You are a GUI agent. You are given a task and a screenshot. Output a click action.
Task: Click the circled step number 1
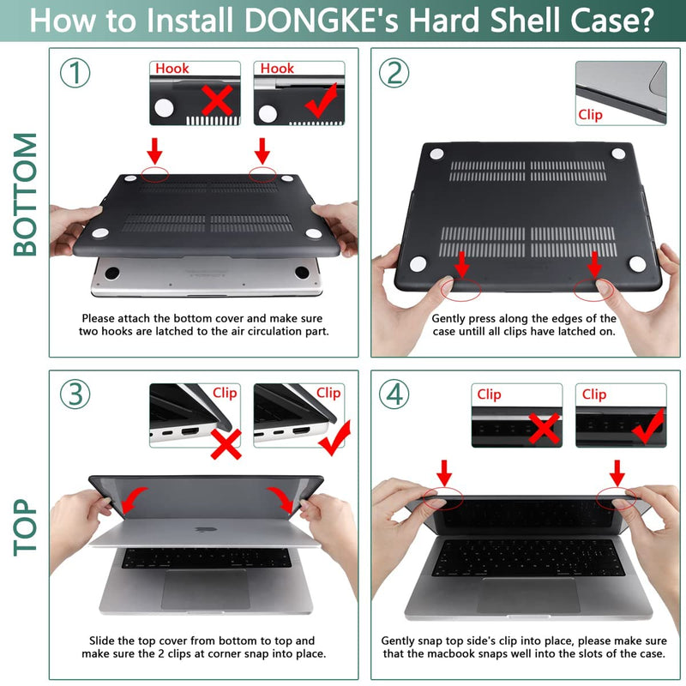coord(75,74)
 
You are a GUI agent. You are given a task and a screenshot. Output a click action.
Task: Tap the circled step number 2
coord(394,74)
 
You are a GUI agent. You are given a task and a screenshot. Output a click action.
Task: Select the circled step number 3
coord(75,394)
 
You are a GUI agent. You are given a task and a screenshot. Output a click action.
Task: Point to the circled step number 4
coord(394,394)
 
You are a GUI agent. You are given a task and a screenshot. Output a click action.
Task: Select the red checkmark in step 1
coord(319,103)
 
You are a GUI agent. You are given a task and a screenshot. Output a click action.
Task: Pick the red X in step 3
coord(225,444)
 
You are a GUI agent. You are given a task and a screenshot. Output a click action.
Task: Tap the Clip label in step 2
coord(590,114)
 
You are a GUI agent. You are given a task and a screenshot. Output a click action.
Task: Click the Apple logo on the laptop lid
coord(202,529)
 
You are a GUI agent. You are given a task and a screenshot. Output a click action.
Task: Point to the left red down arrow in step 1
coord(154,152)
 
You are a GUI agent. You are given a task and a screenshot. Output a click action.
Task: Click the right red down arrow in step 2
coord(593,262)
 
